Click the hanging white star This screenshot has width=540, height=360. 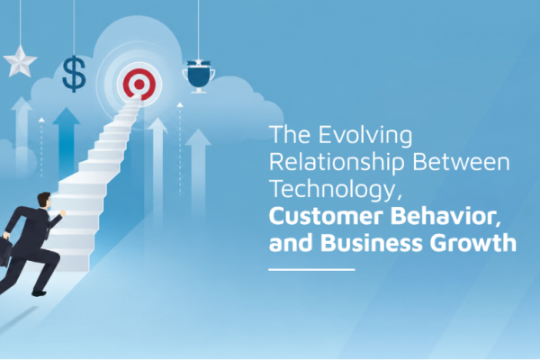coord(20,62)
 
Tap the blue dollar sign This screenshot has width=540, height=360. coord(74,74)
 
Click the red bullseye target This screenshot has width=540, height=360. coord(139,84)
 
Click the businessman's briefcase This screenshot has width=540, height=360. coord(4,251)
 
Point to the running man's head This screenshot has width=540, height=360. coord(44,200)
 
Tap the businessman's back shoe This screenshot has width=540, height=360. coord(39,293)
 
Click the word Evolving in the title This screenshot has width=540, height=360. coord(365,135)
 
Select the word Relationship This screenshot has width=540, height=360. coord(337,162)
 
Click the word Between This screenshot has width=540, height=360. coord(461,163)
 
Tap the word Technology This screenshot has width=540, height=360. coord(335,190)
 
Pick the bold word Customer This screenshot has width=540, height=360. coord(326,216)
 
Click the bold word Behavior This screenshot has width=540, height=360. coord(445,216)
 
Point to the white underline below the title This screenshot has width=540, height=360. coord(311,269)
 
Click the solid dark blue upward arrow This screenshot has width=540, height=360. coord(66,142)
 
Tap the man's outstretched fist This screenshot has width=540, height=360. coord(62,213)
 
